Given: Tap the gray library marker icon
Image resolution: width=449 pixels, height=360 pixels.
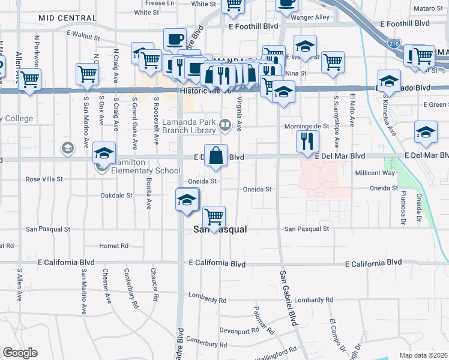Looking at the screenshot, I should pos(225,125).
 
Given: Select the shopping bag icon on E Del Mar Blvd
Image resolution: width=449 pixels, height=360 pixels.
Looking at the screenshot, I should pos(216,155).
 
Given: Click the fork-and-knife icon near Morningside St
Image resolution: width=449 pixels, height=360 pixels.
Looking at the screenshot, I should pos(307,141).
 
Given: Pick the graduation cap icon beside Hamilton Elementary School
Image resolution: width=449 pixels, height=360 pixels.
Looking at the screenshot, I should pos(104,155).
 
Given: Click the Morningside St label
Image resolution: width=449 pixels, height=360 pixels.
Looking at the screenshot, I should pos(307,127).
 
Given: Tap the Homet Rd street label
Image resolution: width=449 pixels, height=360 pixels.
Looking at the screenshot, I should pos(114,246).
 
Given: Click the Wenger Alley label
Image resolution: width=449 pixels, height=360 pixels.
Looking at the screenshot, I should pos(310,17).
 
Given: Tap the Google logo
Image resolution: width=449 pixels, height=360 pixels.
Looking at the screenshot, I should pos(20,353).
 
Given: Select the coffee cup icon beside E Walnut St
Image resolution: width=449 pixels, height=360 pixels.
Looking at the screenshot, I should pos(175,40).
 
